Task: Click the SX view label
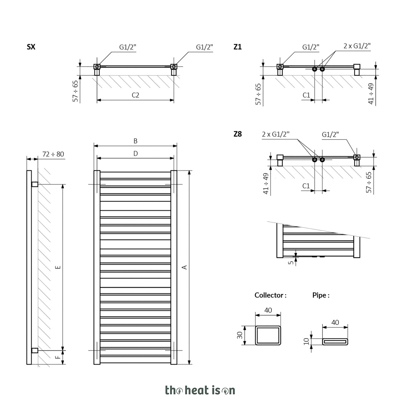(x=31, y=47)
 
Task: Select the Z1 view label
(x=238, y=47)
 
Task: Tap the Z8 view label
(x=238, y=134)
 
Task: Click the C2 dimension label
(x=135, y=95)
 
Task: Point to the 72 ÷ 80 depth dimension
(x=53, y=154)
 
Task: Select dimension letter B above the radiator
(x=135, y=141)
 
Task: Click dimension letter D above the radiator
(x=135, y=154)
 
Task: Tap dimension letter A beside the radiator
(x=184, y=267)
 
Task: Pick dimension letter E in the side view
(x=59, y=267)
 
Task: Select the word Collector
(x=269, y=295)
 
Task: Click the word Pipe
(x=319, y=295)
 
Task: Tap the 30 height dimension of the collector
(x=240, y=335)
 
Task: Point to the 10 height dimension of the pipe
(x=306, y=341)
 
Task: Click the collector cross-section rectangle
(x=268, y=326)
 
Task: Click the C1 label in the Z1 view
(x=306, y=95)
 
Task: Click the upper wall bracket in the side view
(x=35, y=184)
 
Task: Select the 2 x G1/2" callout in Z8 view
(x=276, y=134)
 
